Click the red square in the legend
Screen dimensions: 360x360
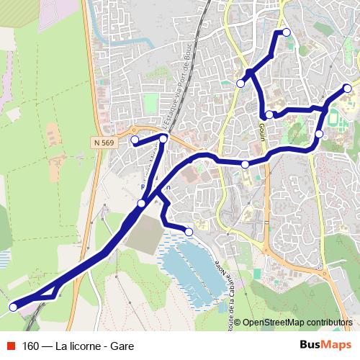click(12, 346)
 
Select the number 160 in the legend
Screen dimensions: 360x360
click(32, 346)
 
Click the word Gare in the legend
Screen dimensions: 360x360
click(122, 346)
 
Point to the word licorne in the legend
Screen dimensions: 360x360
click(81, 346)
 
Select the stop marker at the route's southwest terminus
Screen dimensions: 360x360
click(13, 307)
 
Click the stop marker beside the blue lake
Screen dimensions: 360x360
click(189, 232)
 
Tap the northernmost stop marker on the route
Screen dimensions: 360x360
click(286, 32)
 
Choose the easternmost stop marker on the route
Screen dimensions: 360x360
click(348, 89)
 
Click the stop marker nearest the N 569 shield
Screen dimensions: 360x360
click(135, 140)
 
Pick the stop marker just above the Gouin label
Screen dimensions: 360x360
click(269, 115)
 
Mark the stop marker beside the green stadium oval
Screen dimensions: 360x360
click(320, 134)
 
